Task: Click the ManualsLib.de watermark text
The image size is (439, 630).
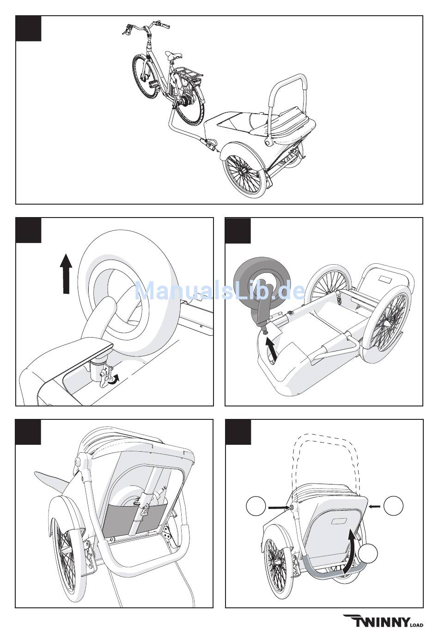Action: [219, 291]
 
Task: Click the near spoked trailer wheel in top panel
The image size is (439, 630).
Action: [245, 173]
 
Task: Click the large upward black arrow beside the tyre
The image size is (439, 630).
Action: [67, 273]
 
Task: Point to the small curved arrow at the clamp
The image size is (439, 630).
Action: [114, 379]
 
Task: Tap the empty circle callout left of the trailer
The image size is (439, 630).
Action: [256, 507]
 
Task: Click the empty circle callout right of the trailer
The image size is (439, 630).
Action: [394, 506]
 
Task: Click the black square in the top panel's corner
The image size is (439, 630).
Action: [28, 29]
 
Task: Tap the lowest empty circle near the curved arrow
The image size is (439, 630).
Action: [368, 554]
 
